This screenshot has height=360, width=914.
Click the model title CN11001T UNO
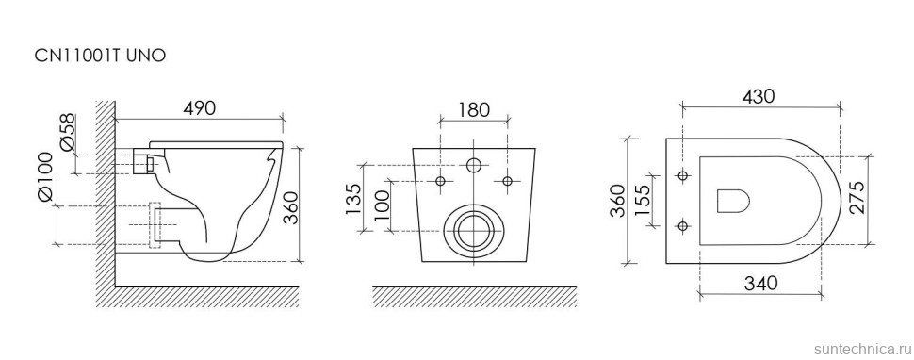point(100,56)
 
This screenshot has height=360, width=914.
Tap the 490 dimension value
point(200,107)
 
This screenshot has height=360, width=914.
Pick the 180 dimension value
point(474,109)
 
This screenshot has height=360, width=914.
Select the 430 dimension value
point(759,96)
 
